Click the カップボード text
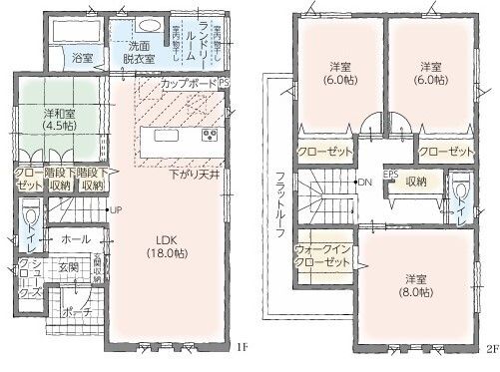click(187, 85)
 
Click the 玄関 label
click(68, 267)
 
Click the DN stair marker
click(365, 183)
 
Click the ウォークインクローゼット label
click(322, 254)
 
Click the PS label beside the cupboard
click(225, 84)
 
